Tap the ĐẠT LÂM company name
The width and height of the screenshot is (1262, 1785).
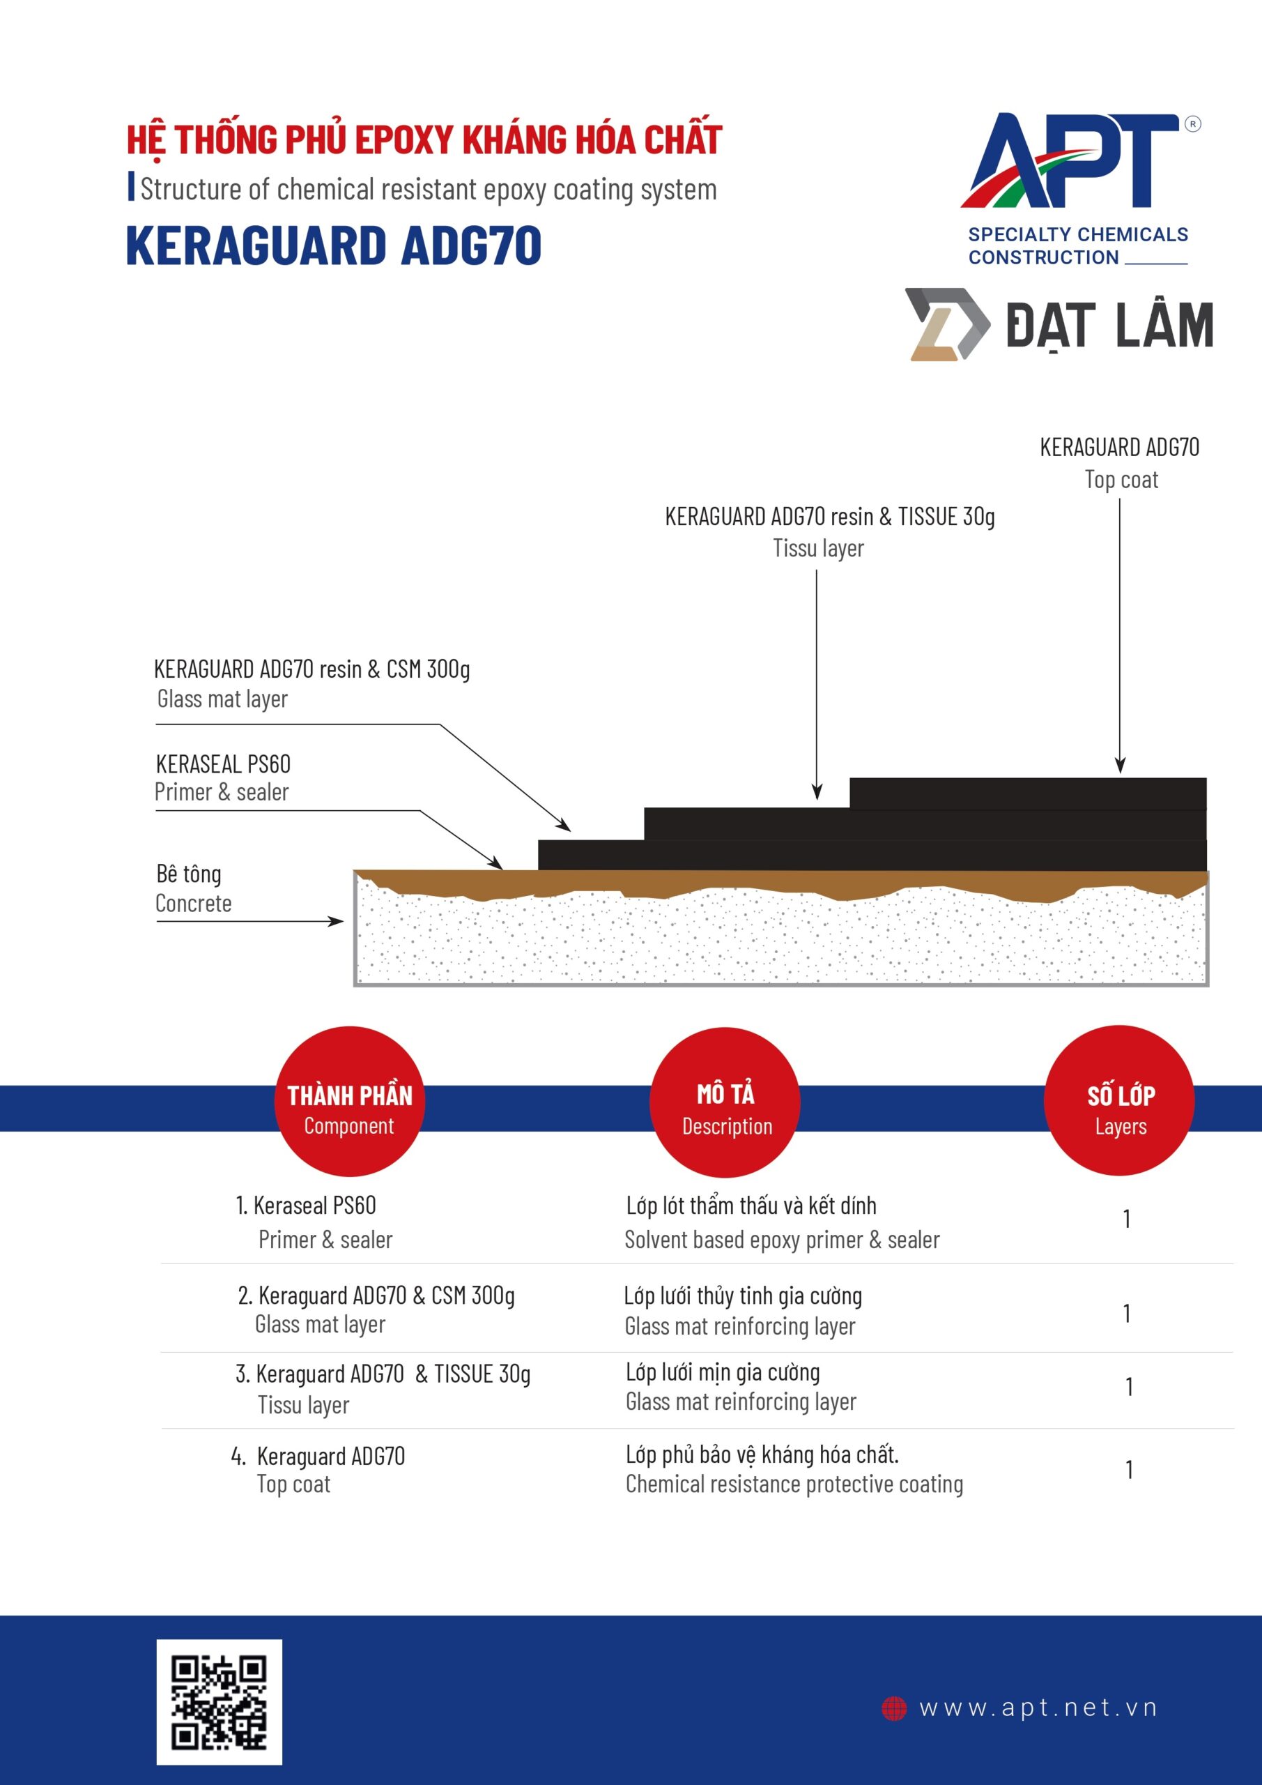(1109, 325)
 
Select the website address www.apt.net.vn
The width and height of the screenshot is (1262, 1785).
(1038, 1708)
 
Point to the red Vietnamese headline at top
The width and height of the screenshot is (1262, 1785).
(424, 140)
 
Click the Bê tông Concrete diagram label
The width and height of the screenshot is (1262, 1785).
(193, 888)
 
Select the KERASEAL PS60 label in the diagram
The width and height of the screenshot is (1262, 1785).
(223, 764)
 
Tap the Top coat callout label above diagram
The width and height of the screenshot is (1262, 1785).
(1120, 464)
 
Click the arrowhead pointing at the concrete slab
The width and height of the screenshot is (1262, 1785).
(337, 921)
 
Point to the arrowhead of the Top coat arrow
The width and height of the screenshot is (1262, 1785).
(1120, 766)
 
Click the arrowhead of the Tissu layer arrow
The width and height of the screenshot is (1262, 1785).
(817, 791)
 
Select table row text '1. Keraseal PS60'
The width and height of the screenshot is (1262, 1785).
(306, 1206)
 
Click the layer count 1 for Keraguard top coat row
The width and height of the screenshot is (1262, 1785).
(1128, 1469)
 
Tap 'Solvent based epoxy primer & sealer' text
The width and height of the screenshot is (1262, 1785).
(782, 1240)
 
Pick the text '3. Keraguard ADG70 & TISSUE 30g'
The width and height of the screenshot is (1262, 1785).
(383, 1374)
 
